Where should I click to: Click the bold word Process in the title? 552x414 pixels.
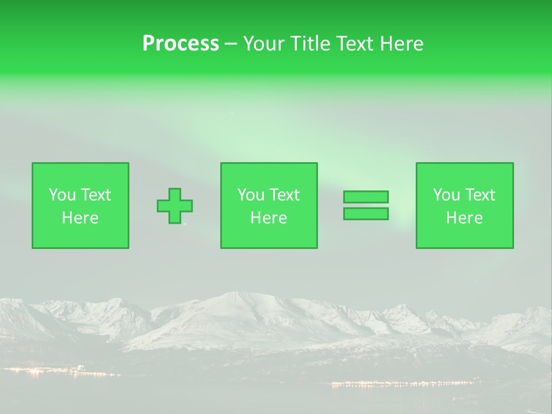point(181,44)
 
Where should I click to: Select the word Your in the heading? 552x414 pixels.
point(263,44)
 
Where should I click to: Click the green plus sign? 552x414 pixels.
point(175,206)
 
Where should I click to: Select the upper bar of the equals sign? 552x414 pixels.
point(366,197)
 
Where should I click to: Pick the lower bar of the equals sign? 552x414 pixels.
point(366,213)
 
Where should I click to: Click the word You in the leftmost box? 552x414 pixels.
point(62,195)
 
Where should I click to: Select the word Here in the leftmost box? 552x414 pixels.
point(80,218)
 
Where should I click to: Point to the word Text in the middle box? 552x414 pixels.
point(285,195)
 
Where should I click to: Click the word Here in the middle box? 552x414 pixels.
point(269,218)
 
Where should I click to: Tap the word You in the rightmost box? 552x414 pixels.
point(446,195)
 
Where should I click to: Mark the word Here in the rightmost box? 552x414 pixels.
point(465,218)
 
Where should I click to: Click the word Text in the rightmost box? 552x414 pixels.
point(480,195)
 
